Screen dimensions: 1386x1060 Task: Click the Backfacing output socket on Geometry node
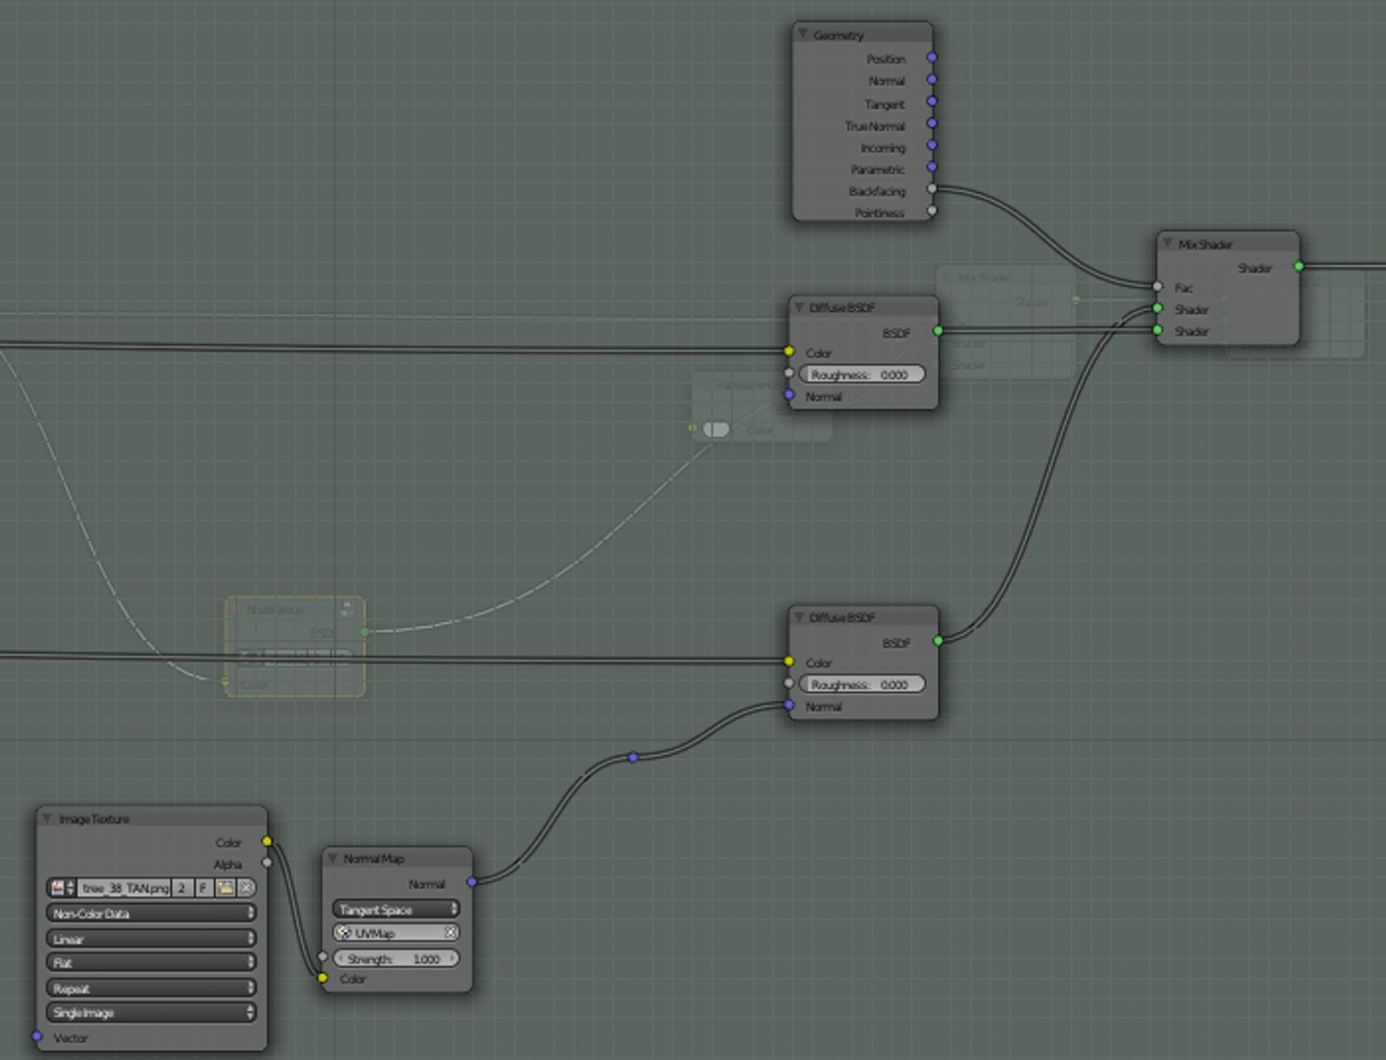(932, 188)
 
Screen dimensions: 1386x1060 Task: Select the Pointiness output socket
(932, 210)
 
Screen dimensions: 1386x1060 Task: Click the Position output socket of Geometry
(932, 57)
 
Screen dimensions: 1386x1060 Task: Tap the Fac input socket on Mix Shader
(1158, 287)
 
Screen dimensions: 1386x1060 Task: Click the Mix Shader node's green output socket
(1299, 266)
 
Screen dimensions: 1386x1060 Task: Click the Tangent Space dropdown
(396, 909)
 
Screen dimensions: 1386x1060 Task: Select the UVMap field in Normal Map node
(396, 932)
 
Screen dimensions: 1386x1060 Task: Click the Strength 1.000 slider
(396, 958)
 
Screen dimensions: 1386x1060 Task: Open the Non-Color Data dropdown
(151, 913)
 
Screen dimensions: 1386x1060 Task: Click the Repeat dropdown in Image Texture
(151, 987)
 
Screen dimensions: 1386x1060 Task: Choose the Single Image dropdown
(151, 1012)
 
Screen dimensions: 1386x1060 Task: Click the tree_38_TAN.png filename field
(124, 887)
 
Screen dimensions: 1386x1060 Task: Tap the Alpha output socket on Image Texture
(267, 863)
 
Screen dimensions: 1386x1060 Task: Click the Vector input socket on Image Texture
(37, 1035)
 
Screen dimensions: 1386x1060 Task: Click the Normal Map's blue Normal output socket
(472, 881)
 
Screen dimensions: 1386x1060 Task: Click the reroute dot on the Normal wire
(633, 757)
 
